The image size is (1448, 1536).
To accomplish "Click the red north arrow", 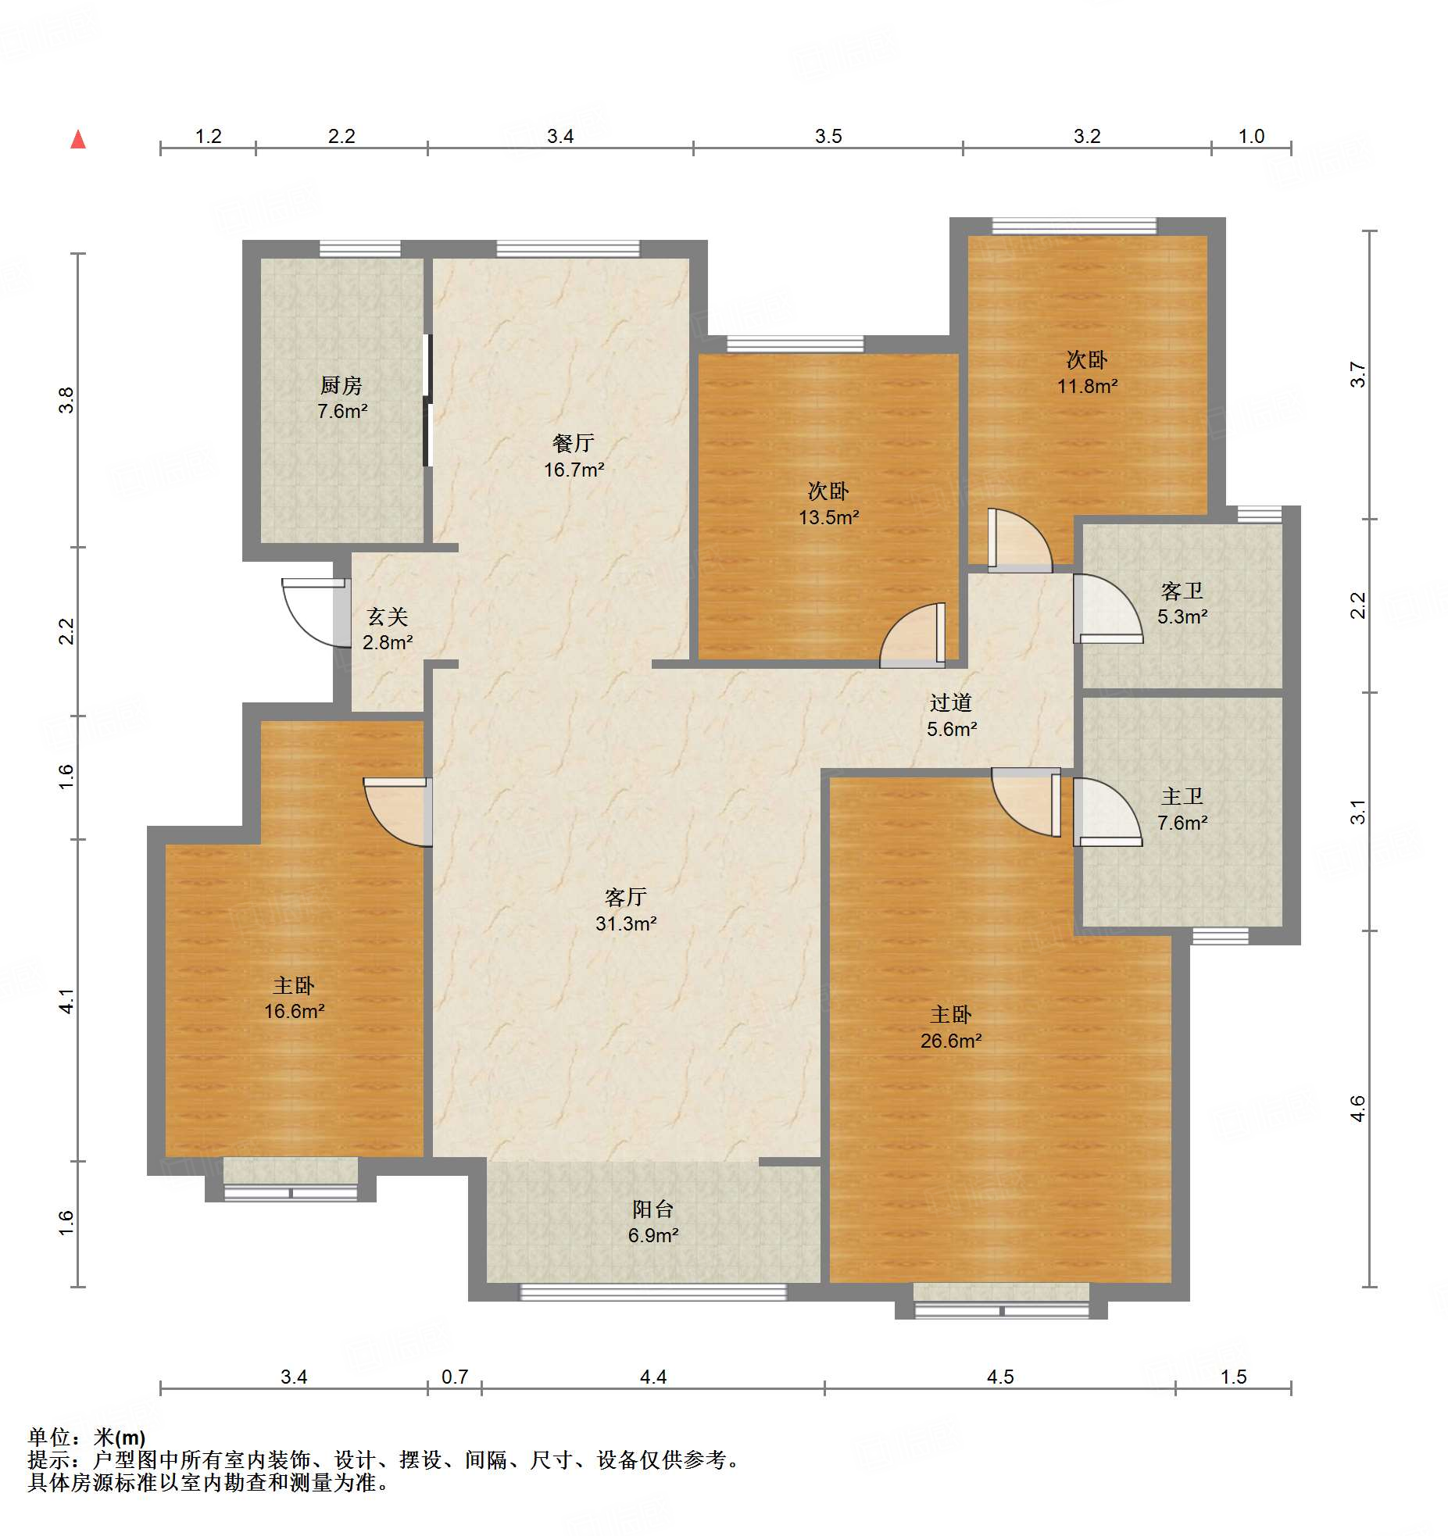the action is (x=78, y=139).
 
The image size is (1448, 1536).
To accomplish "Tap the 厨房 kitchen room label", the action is (x=341, y=385).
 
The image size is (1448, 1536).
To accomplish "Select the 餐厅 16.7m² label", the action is (x=574, y=456).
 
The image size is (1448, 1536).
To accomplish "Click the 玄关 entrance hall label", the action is (x=388, y=617).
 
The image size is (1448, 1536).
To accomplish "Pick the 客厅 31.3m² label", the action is (x=626, y=910).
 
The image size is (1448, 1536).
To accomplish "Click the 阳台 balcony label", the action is (x=653, y=1209).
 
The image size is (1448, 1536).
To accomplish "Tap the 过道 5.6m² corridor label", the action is (x=952, y=716).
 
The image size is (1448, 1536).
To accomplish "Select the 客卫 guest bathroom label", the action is (x=1182, y=591).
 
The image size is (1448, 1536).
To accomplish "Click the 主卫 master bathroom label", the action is (x=1182, y=797).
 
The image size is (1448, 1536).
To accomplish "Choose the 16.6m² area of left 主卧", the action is (x=294, y=1012).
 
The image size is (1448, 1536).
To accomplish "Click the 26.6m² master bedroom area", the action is (x=951, y=1041).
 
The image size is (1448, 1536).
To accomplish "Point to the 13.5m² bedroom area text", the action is (x=829, y=517).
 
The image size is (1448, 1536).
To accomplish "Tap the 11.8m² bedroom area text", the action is (x=1087, y=386).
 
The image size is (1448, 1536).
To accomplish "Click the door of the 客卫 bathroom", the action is (x=1108, y=609).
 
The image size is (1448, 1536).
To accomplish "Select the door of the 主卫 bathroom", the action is (x=1108, y=813).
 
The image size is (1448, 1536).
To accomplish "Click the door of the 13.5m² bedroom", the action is (x=913, y=635).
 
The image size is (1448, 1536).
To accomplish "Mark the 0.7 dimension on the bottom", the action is (x=455, y=1377).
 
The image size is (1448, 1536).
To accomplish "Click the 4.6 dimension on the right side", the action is (x=1358, y=1108).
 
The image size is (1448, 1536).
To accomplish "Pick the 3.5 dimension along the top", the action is (x=828, y=136).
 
